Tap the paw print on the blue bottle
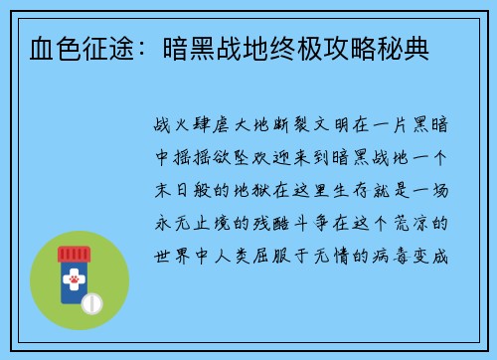[x=73, y=282]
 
